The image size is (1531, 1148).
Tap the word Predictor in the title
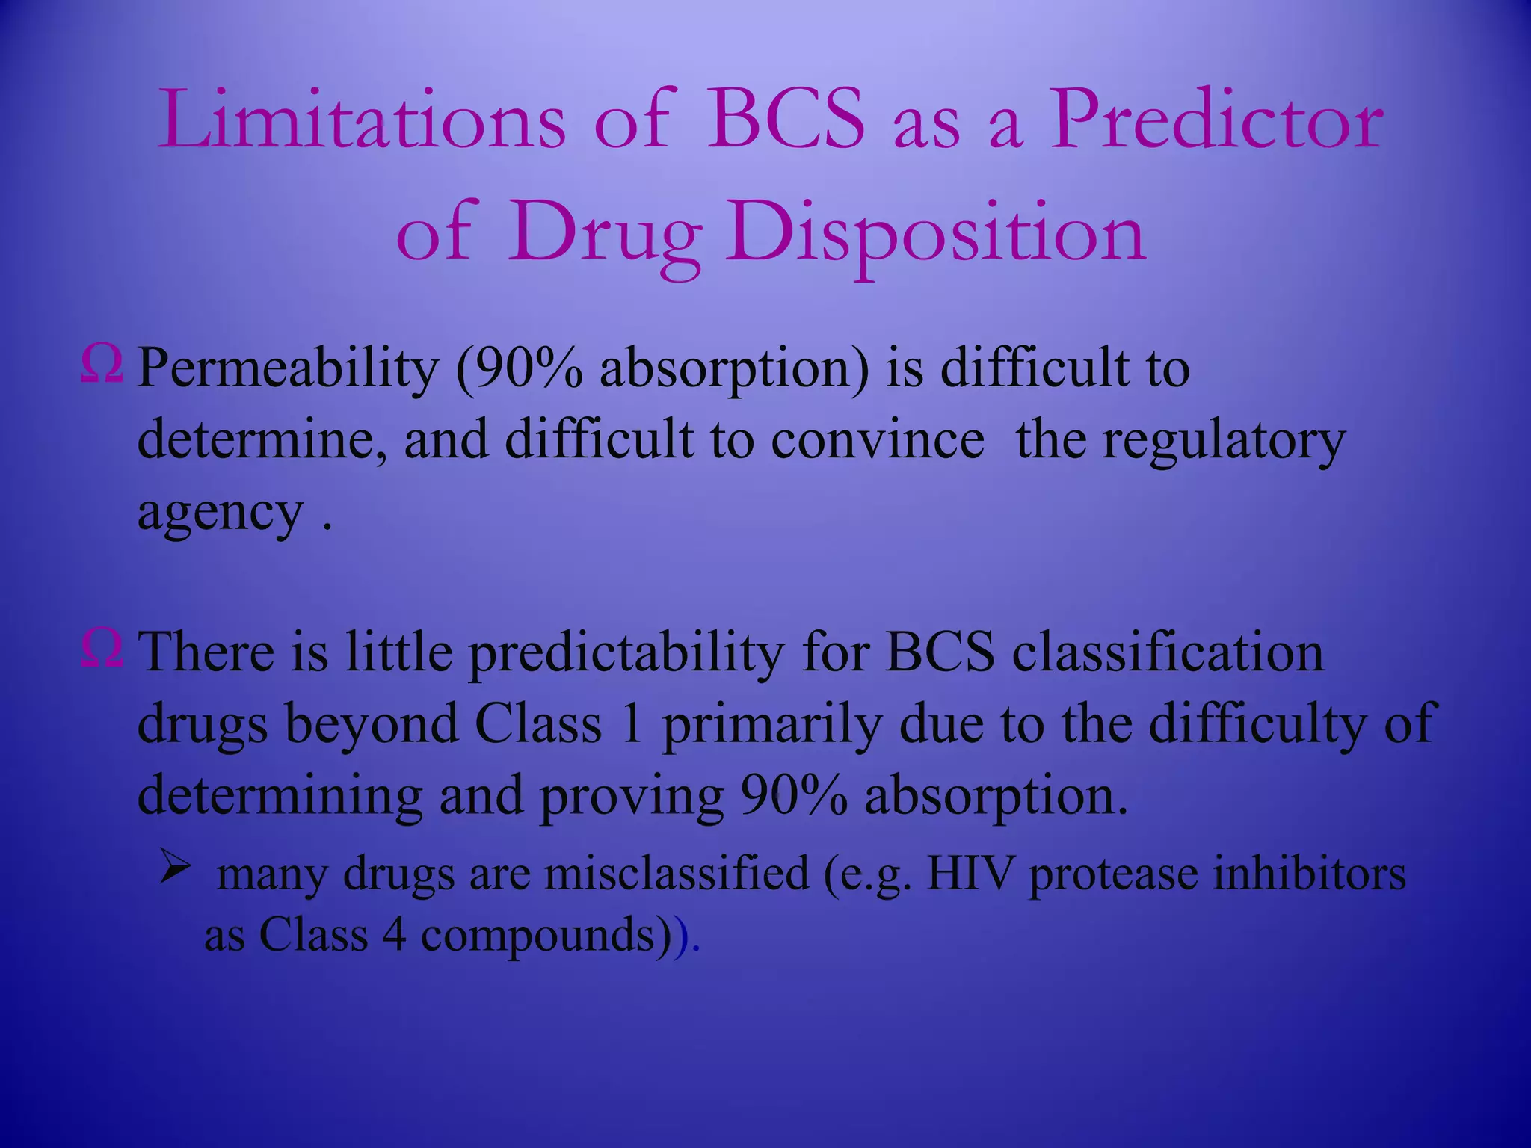click(1216, 120)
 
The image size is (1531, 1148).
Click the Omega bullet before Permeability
click(102, 366)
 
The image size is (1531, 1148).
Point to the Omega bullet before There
click(102, 649)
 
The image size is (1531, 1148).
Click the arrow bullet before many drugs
click(176, 869)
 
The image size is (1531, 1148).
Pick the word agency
click(221, 514)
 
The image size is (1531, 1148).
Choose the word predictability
click(626, 653)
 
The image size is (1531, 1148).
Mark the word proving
click(632, 797)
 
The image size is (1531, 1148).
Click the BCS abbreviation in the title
click(785, 120)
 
